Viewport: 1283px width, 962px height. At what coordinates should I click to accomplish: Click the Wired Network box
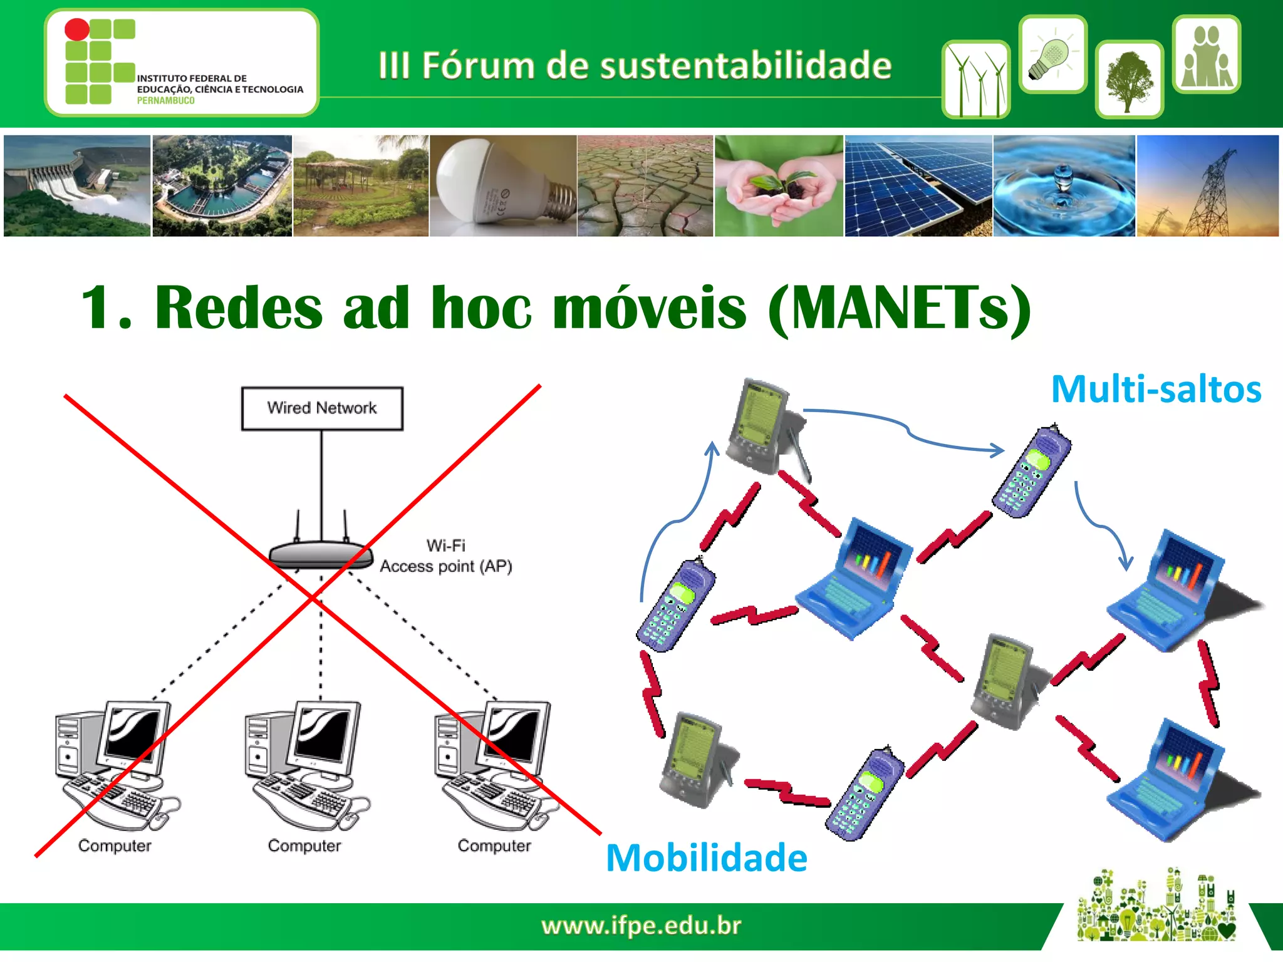322,408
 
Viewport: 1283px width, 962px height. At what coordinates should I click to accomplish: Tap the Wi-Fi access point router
320,554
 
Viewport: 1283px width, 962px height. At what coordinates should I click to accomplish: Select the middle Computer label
304,846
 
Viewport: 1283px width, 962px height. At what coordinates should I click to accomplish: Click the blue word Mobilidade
707,857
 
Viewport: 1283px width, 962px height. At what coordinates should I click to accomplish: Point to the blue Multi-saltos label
1156,389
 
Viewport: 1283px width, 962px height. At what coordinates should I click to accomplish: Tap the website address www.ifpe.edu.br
641,925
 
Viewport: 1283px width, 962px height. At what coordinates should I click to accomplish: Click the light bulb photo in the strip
502,186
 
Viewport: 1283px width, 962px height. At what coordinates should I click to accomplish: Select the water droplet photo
1064,186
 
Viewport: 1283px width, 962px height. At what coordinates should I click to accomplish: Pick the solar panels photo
918,186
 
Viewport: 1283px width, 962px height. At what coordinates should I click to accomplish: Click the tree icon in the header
1129,80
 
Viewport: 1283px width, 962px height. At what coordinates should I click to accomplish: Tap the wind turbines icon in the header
975,80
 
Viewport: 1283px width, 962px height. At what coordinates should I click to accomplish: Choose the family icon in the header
1207,55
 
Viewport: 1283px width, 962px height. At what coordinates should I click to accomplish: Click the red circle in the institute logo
77,29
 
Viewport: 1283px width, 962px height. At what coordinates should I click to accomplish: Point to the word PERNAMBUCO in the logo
165,101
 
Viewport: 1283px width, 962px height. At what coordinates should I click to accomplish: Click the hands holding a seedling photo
779,186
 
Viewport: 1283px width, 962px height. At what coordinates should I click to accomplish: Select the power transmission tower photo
1207,186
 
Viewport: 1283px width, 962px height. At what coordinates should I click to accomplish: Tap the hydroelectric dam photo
76,186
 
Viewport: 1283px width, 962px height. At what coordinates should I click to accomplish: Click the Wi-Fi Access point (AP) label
445,556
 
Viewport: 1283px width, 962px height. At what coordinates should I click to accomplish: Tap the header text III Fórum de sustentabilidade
635,65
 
